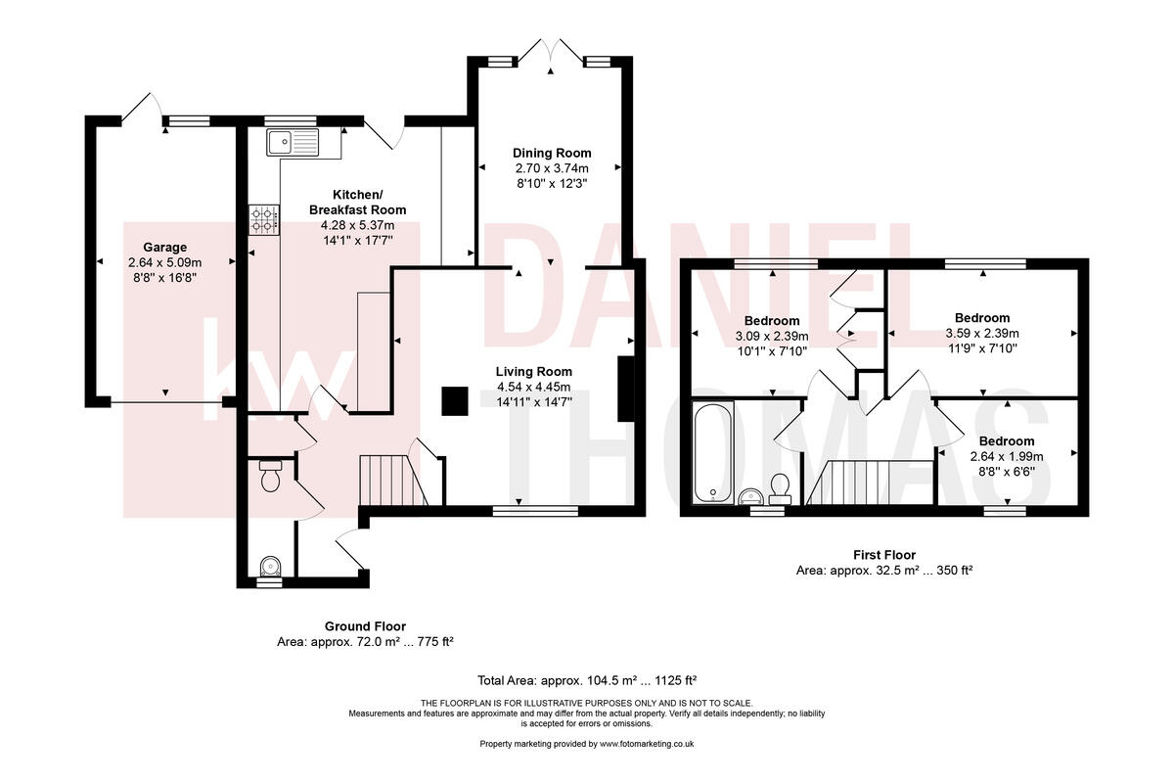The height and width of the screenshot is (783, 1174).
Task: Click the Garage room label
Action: click(x=164, y=248)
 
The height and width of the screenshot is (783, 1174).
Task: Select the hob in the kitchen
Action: click(x=263, y=219)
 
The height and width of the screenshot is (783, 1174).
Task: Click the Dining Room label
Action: click(x=553, y=153)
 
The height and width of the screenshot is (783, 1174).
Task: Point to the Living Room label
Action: click(x=533, y=371)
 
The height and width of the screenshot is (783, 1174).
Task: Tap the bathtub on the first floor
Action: click(x=710, y=451)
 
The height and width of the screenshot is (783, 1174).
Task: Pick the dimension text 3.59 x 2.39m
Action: click(x=982, y=334)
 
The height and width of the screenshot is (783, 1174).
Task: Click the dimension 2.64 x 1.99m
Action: click(x=1007, y=456)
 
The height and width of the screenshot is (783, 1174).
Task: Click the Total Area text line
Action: click(x=586, y=680)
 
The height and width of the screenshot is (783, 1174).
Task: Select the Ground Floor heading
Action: click(x=365, y=626)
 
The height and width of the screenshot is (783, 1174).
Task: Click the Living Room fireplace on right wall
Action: click(x=624, y=389)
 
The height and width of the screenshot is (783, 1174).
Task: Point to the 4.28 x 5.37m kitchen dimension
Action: click(x=357, y=225)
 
